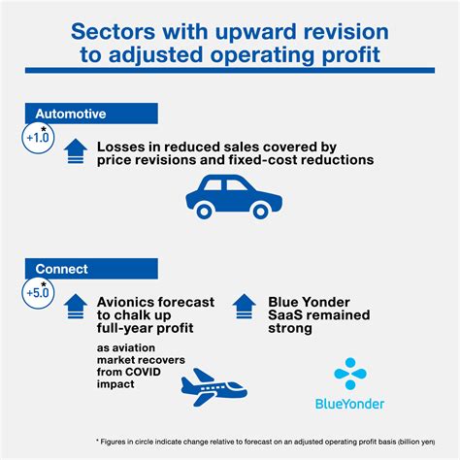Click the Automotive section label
(91, 114)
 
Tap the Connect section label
(91, 269)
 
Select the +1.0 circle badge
(38, 138)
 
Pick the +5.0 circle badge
(38, 293)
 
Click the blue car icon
(234, 197)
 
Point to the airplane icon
(214, 387)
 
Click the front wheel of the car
(260, 212)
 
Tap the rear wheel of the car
(204, 212)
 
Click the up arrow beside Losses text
(76, 151)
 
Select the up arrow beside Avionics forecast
(76, 307)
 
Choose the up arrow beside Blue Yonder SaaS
(245, 307)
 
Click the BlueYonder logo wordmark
(349, 404)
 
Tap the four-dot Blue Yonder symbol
(350, 374)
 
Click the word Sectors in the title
(113, 32)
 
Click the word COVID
(143, 372)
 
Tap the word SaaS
(284, 315)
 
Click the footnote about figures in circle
(265, 442)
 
